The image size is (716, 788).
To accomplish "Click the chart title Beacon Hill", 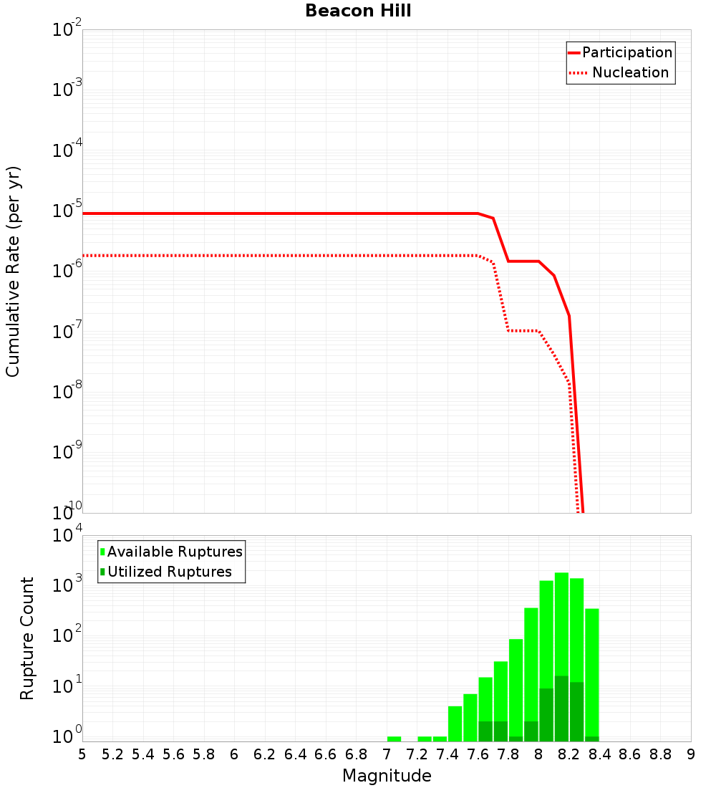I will click(x=358, y=11).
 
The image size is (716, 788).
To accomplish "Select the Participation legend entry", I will click(x=626, y=53).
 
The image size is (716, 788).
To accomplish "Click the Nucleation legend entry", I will click(x=629, y=73).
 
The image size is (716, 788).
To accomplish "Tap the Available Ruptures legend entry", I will click(x=175, y=552).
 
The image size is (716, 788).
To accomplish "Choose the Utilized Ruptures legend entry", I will click(x=169, y=572).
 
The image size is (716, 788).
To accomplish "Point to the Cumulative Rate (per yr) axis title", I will click(x=13, y=271).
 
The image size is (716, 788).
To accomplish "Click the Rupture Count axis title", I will click(x=27, y=638).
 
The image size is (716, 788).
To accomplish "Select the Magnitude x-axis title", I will click(x=387, y=776).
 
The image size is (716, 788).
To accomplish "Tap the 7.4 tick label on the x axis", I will click(x=447, y=754).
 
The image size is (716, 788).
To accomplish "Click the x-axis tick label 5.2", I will click(x=112, y=754).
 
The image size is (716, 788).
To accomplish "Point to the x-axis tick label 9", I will click(x=691, y=754).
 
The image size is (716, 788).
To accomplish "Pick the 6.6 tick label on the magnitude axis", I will click(x=326, y=754).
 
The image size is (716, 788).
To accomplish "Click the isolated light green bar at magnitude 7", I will click(x=394, y=739).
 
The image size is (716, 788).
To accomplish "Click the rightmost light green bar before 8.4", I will click(x=591, y=673).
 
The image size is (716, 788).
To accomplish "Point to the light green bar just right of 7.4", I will click(x=455, y=724).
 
